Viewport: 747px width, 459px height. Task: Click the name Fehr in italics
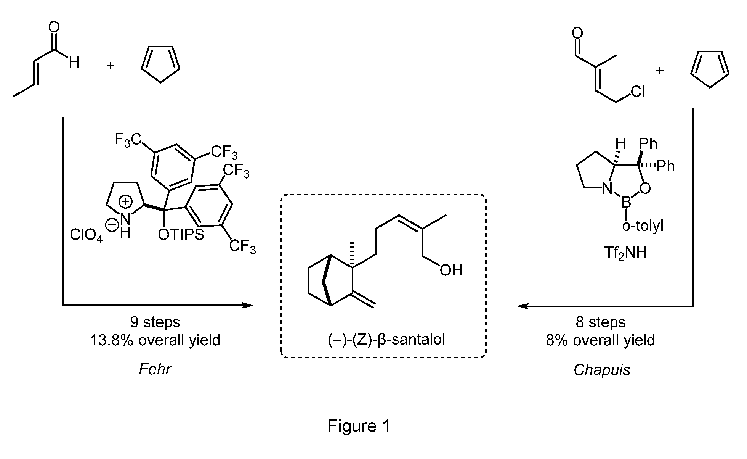click(x=155, y=369)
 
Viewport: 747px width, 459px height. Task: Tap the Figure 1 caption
click(x=359, y=426)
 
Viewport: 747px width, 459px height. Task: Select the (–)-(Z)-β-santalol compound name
click(x=386, y=339)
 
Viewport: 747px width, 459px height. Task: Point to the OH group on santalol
click(x=451, y=270)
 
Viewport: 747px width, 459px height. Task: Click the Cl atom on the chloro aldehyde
click(x=638, y=92)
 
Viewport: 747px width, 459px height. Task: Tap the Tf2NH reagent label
click(x=625, y=252)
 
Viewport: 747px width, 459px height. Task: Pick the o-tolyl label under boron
click(x=643, y=226)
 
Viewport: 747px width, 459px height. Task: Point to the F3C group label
click(x=128, y=140)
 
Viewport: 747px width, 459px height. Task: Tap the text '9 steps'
click(x=155, y=322)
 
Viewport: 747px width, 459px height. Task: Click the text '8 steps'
click(x=601, y=322)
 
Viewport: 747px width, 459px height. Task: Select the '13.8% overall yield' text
click(x=155, y=340)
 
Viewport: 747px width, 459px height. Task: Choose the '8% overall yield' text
click(x=601, y=340)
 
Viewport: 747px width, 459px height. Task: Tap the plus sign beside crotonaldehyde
click(x=110, y=66)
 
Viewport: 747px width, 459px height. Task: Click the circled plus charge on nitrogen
click(x=126, y=203)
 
